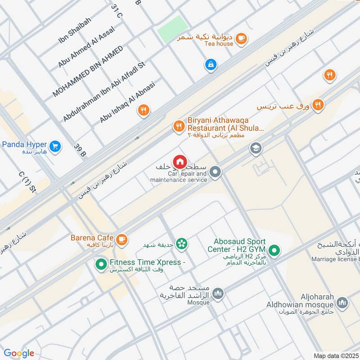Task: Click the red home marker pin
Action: (x=180, y=161)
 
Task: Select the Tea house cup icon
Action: (x=241, y=39)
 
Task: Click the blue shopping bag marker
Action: (x=210, y=65)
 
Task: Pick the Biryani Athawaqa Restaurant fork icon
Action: (x=179, y=126)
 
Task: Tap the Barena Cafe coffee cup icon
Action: (x=121, y=238)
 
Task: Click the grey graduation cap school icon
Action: (x=256, y=148)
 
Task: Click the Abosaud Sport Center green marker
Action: (x=273, y=250)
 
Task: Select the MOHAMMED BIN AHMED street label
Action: (x=87, y=72)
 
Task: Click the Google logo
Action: (x=19, y=353)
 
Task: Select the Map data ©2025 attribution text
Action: (x=335, y=355)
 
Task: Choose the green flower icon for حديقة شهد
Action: (x=182, y=244)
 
